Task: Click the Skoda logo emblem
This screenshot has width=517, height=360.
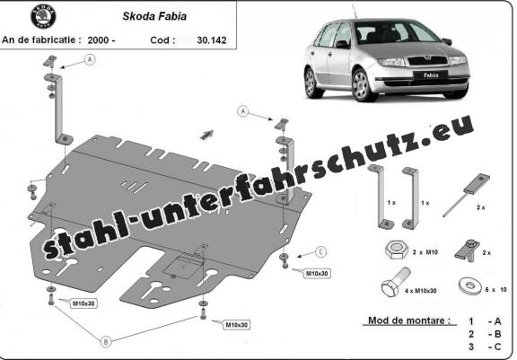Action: (43, 16)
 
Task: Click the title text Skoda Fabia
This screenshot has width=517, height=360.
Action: (154, 16)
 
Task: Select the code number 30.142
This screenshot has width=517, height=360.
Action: (212, 40)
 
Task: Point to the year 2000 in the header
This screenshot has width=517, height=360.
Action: (98, 40)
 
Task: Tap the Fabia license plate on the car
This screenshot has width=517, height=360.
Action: (431, 75)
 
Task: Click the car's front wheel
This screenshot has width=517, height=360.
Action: (362, 84)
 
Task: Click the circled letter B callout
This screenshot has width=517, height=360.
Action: (106, 342)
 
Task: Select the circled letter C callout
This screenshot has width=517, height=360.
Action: (320, 252)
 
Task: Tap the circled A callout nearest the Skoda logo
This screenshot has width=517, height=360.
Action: (90, 59)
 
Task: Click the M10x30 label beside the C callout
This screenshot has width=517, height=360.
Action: (317, 273)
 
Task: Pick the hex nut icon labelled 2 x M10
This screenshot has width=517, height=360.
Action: (396, 250)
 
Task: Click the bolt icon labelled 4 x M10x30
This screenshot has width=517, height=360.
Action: (395, 283)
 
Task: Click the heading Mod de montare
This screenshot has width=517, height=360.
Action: (409, 320)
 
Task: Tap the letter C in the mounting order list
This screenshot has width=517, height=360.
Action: (497, 347)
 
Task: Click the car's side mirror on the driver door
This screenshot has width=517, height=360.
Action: (342, 44)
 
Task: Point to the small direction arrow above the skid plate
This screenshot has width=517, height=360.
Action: (206, 134)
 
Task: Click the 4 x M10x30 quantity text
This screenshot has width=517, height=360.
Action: (421, 291)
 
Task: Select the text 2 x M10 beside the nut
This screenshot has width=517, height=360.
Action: (425, 252)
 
